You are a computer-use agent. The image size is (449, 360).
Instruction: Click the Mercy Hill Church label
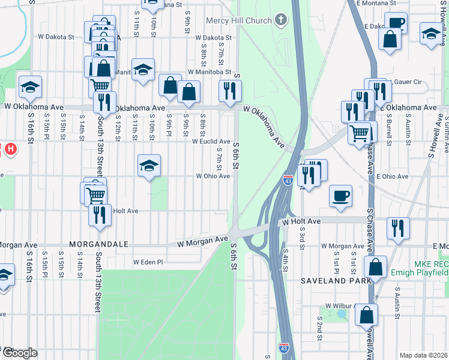pos(239,20)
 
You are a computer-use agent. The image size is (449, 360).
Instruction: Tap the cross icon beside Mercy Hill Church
pos(280,20)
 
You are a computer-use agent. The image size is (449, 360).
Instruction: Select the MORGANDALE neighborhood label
pos(99,245)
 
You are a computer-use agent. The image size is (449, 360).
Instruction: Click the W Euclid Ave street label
pos(211,142)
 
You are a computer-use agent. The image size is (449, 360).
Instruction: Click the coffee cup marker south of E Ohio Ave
pos(340,196)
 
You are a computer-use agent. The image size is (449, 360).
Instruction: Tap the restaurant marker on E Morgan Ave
pos(398,229)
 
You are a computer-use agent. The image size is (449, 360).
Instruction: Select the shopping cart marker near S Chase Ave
pos(359,133)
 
